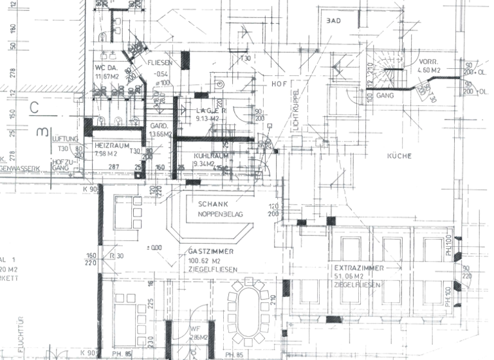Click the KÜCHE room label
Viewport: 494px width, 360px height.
click(x=399, y=156)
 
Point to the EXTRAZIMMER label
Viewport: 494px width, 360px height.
click(x=359, y=267)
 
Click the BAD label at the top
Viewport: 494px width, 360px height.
click(x=333, y=21)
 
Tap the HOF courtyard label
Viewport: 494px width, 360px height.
click(x=278, y=84)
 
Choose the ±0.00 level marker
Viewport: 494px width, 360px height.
click(x=154, y=248)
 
